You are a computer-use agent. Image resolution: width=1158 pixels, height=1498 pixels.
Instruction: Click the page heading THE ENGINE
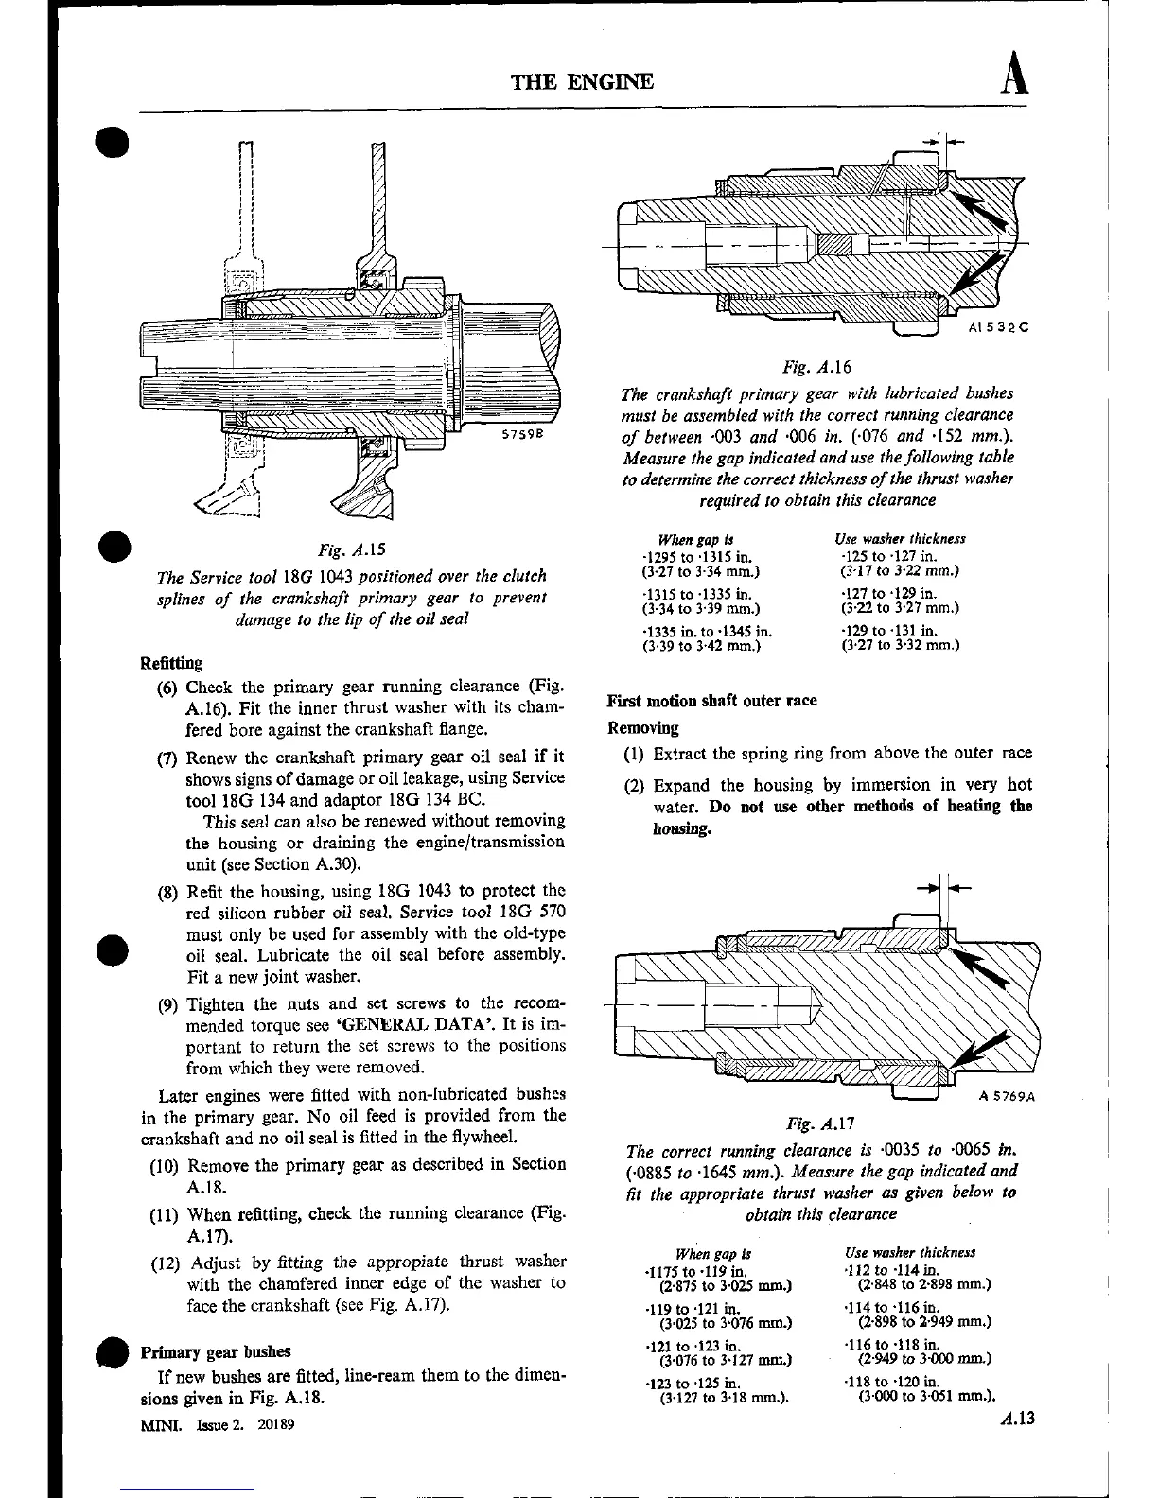click(x=581, y=81)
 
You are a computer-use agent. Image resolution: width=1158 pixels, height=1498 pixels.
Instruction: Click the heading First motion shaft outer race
click(x=711, y=701)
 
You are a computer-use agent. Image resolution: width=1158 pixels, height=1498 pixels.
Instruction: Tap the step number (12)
click(x=167, y=1263)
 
